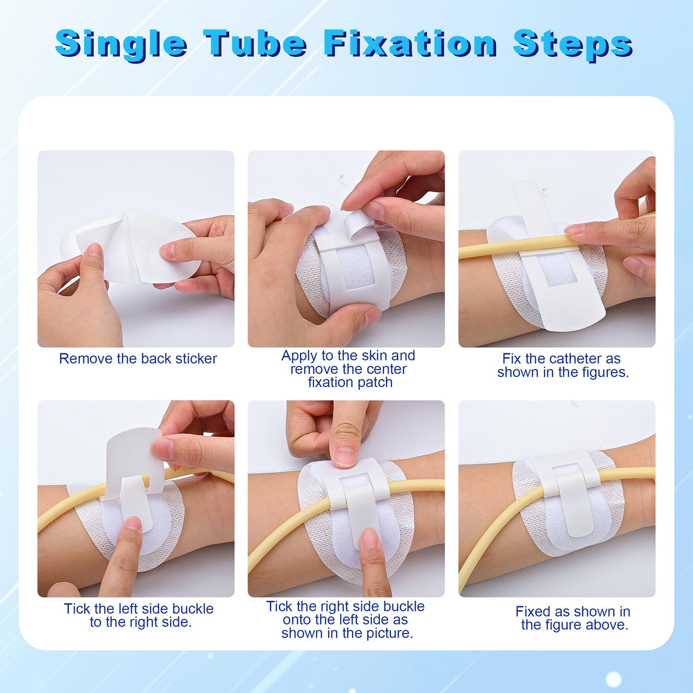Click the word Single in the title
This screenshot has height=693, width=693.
121,44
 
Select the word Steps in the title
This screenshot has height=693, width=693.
573,45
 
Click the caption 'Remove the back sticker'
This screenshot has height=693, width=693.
138,358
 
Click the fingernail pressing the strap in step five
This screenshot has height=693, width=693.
344,456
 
